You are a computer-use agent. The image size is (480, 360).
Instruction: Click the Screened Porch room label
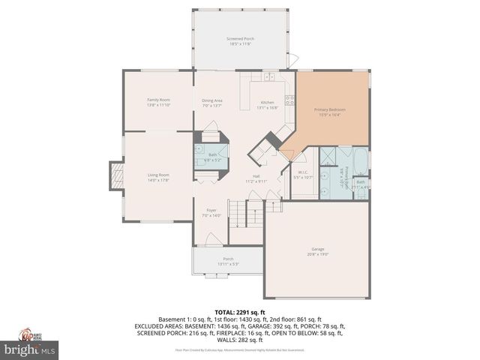click(239, 41)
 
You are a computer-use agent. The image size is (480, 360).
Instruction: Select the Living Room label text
click(158, 177)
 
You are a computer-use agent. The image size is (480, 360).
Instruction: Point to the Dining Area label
click(212, 103)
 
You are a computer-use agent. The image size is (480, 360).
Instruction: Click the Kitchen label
click(268, 105)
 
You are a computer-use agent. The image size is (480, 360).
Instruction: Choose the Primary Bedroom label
click(330, 112)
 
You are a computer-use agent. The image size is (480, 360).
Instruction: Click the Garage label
click(318, 251)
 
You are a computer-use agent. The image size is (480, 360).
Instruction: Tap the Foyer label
click(211, 213)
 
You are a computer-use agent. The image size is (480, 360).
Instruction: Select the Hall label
click(256, 178)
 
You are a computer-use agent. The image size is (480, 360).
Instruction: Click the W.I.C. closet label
click(303, 175)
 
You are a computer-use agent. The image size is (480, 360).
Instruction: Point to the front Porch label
click(228, 261)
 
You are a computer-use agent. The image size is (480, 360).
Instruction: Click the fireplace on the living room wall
click(115, 177)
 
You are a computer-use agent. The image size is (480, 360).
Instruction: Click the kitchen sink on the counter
click(268, 76)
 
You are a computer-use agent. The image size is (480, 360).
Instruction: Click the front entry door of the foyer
click(213, 241)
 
